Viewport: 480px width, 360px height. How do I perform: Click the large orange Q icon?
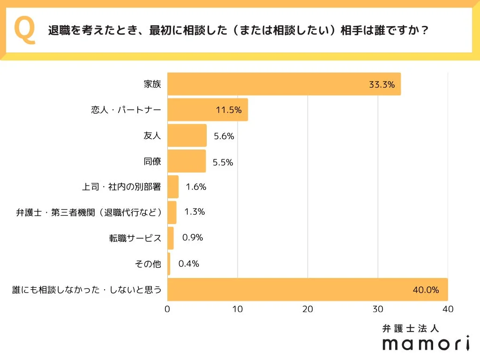coord(25,30)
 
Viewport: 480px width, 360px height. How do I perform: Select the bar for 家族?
coord(284,84)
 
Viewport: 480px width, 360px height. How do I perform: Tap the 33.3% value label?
coord(382,85)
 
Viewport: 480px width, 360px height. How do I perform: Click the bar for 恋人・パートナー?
coord(207,110)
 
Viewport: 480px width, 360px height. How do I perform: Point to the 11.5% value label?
coord(229,111)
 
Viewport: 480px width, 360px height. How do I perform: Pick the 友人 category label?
coord(152,136)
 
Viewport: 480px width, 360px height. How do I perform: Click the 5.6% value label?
coord(224,136)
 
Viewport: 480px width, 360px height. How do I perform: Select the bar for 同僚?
coord(187,161)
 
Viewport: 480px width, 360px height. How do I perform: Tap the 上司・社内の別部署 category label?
coord(121,187)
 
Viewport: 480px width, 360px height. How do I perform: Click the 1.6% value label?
coord(196,187)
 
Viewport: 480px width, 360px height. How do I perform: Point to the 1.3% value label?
coord(195,212)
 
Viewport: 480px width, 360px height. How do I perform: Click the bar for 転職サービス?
coord(171,238)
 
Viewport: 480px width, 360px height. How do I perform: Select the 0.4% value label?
coord(189,263)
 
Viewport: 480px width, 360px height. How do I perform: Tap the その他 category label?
coord(148,264)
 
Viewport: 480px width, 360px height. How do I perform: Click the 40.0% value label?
coord(426,290)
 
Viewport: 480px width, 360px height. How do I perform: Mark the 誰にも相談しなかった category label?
coord(87,290)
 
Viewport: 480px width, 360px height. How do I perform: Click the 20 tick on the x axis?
coord(307,309)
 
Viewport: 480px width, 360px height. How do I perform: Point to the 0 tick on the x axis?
coord(167,309)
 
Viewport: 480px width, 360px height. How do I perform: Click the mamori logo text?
coord(426,343)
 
